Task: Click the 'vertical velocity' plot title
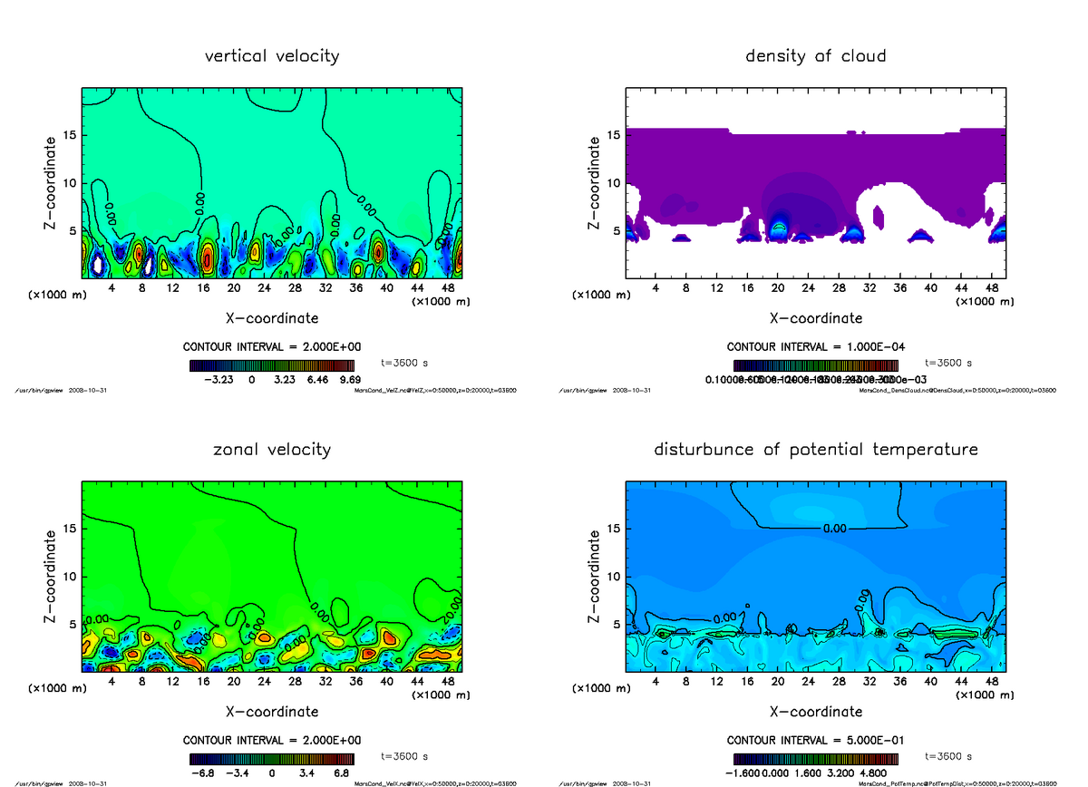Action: coord(272,56)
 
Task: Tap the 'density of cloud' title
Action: coord(815,56)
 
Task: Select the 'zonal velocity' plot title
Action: coord(272,450)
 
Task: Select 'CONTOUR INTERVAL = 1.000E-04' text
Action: coord(815,347)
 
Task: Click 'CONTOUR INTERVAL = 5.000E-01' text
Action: coord(815,740)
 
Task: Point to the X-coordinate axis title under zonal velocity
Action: coord(272,712)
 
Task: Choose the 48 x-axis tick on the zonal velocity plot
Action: coord(447,681)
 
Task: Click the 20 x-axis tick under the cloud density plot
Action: coord(777,287)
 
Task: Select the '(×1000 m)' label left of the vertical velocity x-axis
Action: coord(57,295)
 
